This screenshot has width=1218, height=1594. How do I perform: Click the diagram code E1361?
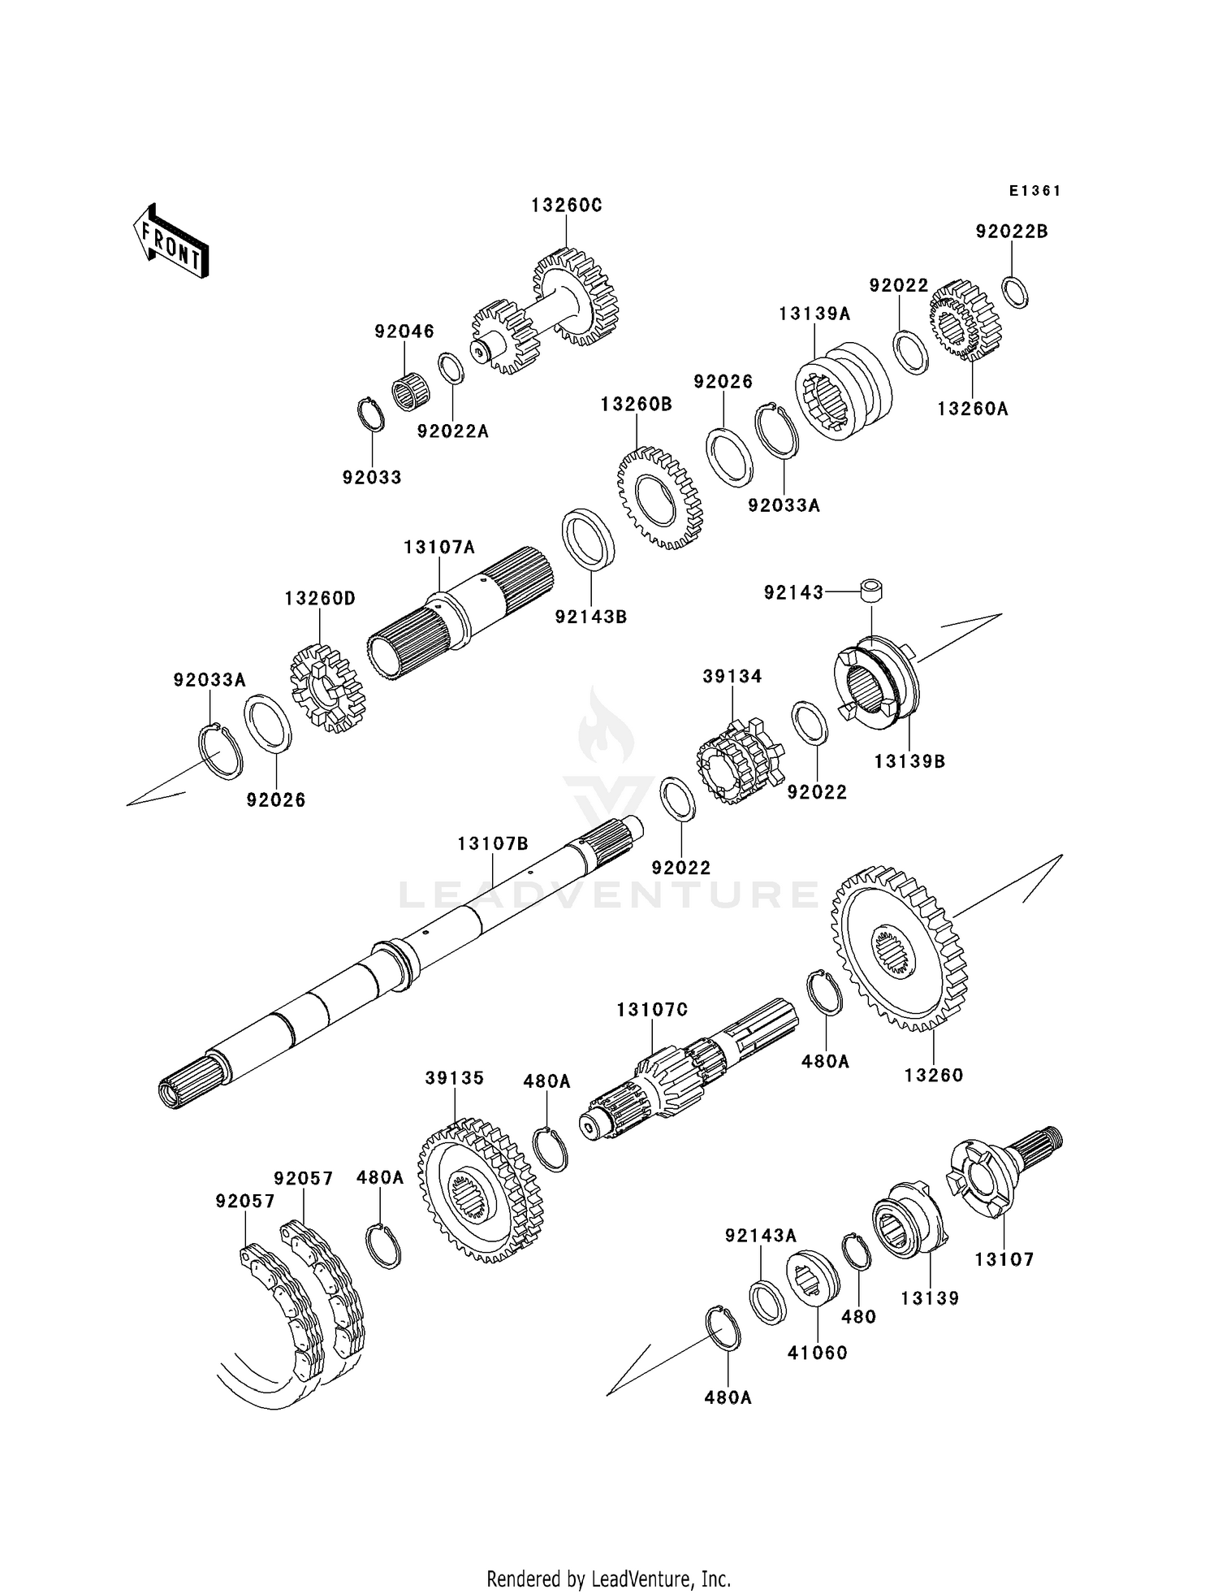click(1035, 191)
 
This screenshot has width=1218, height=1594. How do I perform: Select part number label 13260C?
click(567, 206)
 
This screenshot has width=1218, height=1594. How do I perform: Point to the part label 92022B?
click(1012, 232)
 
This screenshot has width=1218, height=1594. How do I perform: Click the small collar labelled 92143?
click(872, 591)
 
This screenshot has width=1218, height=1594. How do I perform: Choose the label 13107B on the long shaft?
click(493, 844)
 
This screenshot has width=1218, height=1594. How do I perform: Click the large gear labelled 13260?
click(900, 948)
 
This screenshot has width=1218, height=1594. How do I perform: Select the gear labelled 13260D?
click(327, 687)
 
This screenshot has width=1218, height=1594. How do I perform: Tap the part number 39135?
click(455, 1078)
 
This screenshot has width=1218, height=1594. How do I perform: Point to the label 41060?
click(818, 1353)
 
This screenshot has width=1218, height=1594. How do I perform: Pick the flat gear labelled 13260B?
click(660, 497)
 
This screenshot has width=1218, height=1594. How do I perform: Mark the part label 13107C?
click(652, 1010)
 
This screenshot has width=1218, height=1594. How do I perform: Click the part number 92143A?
click(761, 1236)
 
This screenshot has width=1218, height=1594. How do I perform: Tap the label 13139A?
click(814, 314)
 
